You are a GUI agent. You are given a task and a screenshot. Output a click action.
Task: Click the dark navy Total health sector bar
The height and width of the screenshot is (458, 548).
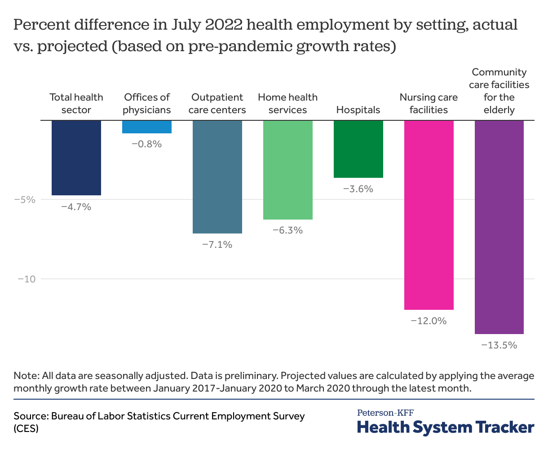[x=76, y=158]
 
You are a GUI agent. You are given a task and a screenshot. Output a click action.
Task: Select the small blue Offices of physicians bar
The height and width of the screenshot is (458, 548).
[x=147, y=127]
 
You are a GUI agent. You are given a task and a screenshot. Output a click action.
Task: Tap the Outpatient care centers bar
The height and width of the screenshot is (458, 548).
[x=217, y=176]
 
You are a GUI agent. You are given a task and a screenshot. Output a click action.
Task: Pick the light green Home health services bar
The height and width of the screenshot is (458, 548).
[x=288, y=170]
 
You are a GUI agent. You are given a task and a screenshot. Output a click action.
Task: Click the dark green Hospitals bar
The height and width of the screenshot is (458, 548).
[x=358, y=149]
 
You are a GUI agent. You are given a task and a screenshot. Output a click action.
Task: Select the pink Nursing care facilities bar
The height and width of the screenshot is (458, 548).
[x=429, y=215]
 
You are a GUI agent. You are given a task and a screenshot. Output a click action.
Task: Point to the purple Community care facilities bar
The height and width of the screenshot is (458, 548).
[x=499, y=227]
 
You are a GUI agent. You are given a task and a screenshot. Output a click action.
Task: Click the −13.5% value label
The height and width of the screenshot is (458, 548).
[x=499, y=345]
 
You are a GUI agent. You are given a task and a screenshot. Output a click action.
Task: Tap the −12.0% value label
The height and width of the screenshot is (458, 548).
[x=429, y=321]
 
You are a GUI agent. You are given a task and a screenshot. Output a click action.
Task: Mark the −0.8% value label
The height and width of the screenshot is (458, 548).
[x=146, y=144]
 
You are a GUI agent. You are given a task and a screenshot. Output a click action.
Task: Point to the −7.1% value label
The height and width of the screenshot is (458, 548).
[x=217, y=245]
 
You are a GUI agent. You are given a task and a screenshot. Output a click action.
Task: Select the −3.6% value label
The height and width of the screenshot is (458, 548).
[x=358, y=189]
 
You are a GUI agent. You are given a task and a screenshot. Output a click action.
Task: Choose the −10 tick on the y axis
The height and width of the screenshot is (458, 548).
[x=27, y=279]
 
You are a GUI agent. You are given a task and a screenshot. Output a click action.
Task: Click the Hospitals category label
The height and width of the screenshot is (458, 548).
[x=358, y=110]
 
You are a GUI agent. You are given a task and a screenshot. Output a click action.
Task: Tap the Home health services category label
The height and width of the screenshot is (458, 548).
[x=287, y=104]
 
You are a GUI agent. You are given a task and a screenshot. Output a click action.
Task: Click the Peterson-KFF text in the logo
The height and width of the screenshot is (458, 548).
[x=385, y=412]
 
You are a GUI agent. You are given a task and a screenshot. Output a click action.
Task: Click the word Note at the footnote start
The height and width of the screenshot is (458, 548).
[x=25, y=375]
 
